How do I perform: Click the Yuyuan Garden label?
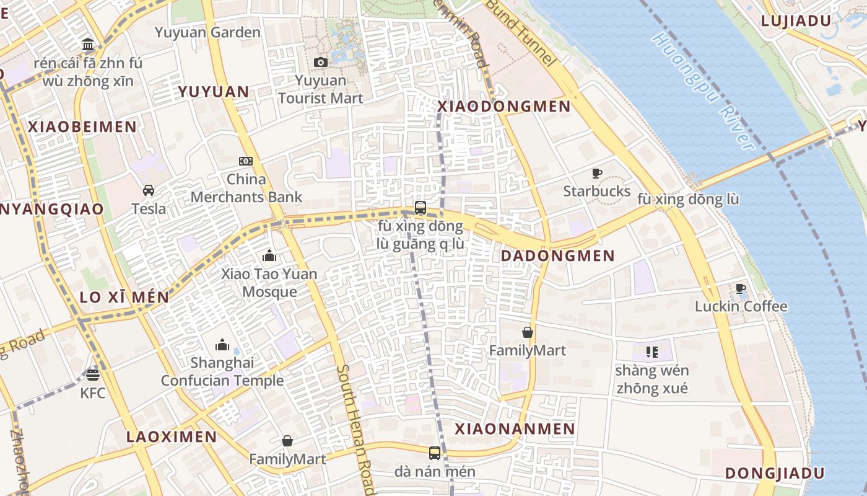(x=207, y=32)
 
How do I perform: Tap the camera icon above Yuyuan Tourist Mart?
(x=320, y=62)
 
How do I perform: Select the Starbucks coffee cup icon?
(x=597, y=173)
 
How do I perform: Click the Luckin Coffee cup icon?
(x=740, y=288)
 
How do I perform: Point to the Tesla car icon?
(x=149, y=190)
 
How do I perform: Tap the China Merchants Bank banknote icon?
(x=246, y=161)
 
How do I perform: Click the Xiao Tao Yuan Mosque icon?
(x=269, y=255)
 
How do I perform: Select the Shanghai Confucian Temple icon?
(x=222, y=345)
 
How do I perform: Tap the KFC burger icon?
(x=93, y=374)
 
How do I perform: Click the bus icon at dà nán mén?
(x=435, y=453)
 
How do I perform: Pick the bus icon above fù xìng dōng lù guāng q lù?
(x=420, y=208)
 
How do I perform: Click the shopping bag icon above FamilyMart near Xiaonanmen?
(x=527, y=332)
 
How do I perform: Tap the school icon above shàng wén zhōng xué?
(x=651, y=352)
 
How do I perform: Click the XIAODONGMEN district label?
(x=504, y=106)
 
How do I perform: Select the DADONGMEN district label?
(x=557, y=255)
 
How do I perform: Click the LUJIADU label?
(x=795, y=20)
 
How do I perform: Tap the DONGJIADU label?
(x=775, y=473)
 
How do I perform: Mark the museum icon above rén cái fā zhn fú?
(x=88, y=45)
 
